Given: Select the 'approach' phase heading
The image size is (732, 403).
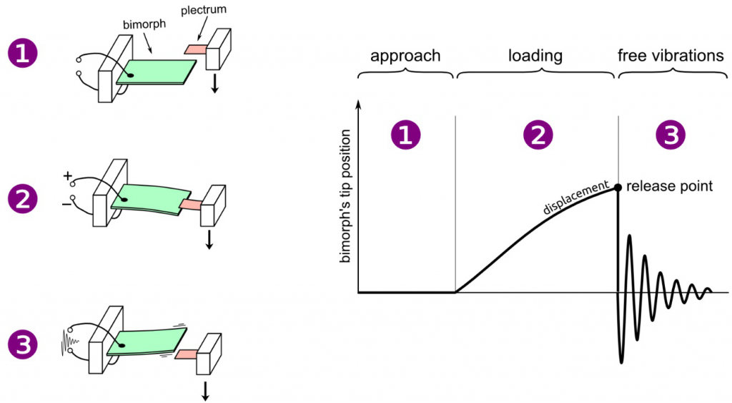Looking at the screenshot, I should click(405, 55).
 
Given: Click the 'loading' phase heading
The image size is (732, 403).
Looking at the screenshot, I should click(535, 55).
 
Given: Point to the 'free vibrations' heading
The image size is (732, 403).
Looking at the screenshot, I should click(671, 55).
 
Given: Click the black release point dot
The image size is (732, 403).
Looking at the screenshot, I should click(618, 187).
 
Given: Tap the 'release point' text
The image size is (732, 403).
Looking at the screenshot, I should click(669, 187).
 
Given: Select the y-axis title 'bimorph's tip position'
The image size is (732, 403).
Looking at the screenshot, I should click(345, 197).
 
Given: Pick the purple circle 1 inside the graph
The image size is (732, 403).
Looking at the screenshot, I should click(405, 136).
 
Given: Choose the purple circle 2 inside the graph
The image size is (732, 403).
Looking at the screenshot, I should click(535, 136).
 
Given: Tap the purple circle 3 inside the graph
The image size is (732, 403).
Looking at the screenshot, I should click(671, 136).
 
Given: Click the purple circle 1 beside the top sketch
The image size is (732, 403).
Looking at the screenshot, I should click(23, 55).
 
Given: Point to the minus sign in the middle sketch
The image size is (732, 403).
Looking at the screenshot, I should click(66, 203).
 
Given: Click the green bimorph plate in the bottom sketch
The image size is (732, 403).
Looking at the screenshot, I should click(147, 341).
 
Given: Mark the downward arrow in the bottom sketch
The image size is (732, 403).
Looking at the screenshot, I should click(206, 390).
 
